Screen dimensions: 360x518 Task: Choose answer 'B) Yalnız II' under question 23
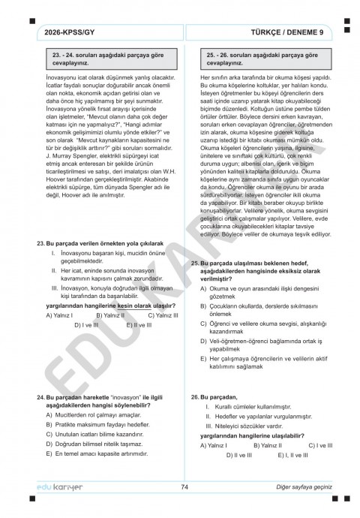click(x=110, y=315)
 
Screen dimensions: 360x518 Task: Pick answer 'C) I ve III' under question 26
click(x=320, y=445)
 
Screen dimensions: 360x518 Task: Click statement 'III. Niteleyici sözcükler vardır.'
click(x=247, y=426)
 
